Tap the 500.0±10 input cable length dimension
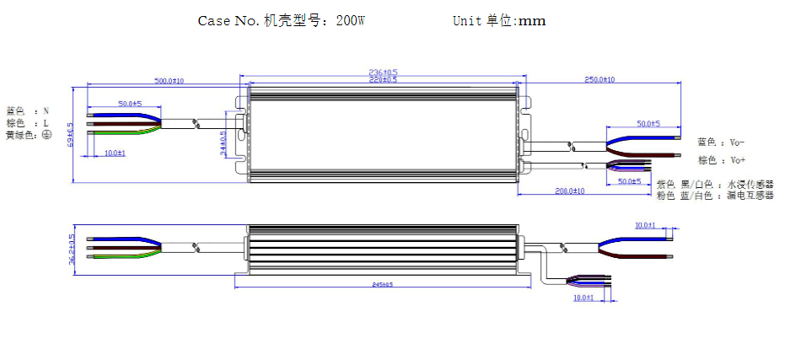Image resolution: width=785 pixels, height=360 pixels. click(x=168, y=81)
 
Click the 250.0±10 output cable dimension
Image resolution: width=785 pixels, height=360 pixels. click(x=600, y=79)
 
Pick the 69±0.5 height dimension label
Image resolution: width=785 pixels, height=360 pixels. click(x=71, y=134)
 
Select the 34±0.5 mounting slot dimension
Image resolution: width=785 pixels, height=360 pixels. click(x=223, y=143)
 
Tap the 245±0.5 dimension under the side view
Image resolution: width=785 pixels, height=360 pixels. click(x=382, y=284)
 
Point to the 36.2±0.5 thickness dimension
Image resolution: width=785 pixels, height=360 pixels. click(x=72, y=249)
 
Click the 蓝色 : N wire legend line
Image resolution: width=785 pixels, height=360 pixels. click(x=27, y=110)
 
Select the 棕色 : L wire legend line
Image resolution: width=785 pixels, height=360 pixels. click(x=27, y=123)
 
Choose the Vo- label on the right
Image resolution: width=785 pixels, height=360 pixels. click(x=738, y=142)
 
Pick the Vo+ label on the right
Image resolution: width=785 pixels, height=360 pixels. click(x=738, y=160)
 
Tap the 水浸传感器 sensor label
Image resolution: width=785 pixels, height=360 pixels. click(x=750, y=184)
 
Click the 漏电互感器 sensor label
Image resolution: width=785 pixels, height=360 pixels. click(x=750, y=196)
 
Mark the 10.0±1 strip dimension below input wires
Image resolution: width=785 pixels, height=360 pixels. click(x=115, y=153)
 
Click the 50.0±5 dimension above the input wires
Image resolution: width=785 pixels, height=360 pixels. click(x=129, y=103)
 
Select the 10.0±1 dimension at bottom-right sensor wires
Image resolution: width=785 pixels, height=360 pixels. click(x=583, y=298)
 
